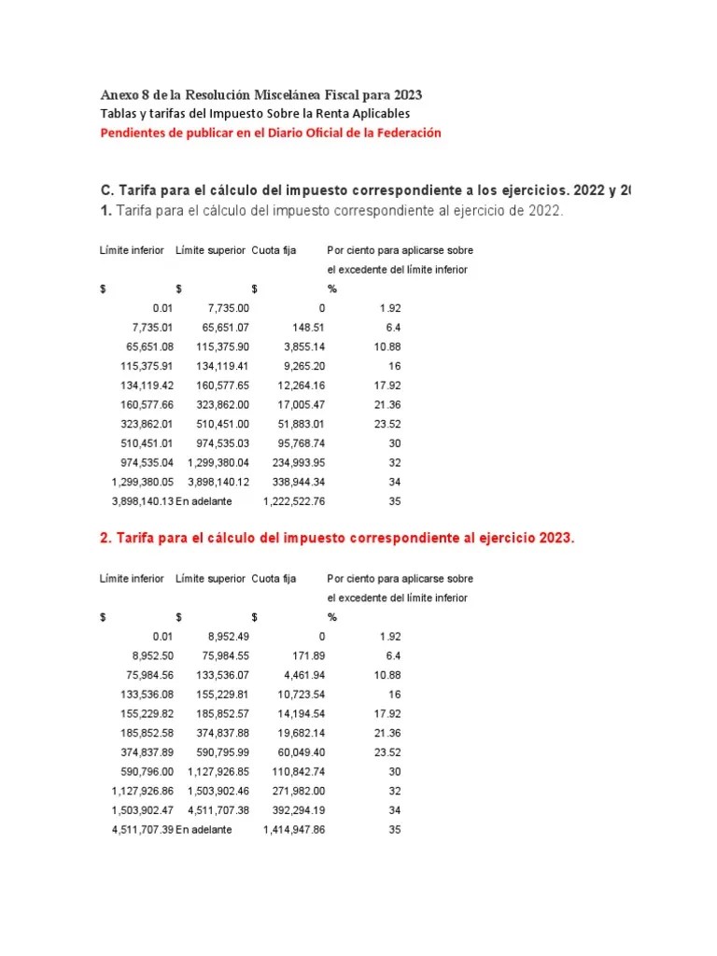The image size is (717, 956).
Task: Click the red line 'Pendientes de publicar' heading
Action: click(x=270, y=133)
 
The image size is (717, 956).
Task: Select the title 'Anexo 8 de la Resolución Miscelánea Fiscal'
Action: click(x=260, y=95)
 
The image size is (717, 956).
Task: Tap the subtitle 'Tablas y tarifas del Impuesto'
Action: click(x=254, y=113)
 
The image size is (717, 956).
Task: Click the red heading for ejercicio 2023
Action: click(x=337, y=540)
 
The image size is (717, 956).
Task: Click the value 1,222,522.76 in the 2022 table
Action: click(x=293, y=501)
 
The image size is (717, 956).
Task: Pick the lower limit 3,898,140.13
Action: click(x=142, y=501)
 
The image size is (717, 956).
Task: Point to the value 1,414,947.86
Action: click(x=293, y=829)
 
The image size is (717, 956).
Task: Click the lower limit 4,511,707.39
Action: click(x=142, y=829)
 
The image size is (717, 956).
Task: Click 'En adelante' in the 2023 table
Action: click(x=204, y=829)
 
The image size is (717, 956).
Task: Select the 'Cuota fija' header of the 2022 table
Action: click(x=274, y=250)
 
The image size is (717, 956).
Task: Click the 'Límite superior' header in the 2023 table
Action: click(x=210, y=579)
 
